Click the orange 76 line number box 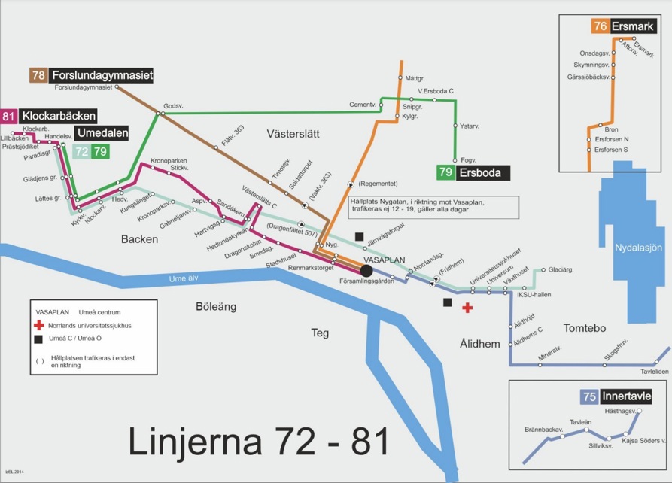(x=600, y=26)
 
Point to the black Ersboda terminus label (x=479, y=173)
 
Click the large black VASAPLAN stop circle (x=366, y=270)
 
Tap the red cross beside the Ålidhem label (x=467, y=307)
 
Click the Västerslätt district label (x=293, y=134)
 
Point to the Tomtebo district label (x=584, y=328)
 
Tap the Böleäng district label (x=216, y=307)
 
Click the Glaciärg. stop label (x=561, y=269)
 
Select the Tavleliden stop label (x=654, y=372)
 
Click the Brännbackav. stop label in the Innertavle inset (x=544, y=430)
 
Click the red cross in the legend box (x=40, y=326)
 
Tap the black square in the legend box (x=40, y=339)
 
